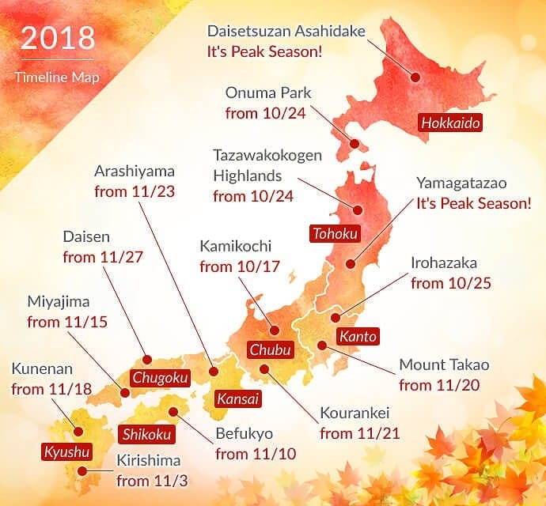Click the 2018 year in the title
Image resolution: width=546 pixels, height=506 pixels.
57,39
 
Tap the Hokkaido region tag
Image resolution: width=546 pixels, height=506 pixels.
450,123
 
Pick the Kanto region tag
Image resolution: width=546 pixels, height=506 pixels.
358,336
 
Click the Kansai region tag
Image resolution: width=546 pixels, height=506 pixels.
237,399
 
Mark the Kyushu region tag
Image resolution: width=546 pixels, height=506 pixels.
66,452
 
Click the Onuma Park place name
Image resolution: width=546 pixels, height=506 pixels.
257,93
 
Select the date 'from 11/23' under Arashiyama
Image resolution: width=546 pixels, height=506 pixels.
135,191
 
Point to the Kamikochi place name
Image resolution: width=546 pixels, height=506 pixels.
234,247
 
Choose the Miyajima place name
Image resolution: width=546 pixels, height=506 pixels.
60,302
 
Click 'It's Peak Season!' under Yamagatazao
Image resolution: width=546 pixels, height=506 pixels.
474,202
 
